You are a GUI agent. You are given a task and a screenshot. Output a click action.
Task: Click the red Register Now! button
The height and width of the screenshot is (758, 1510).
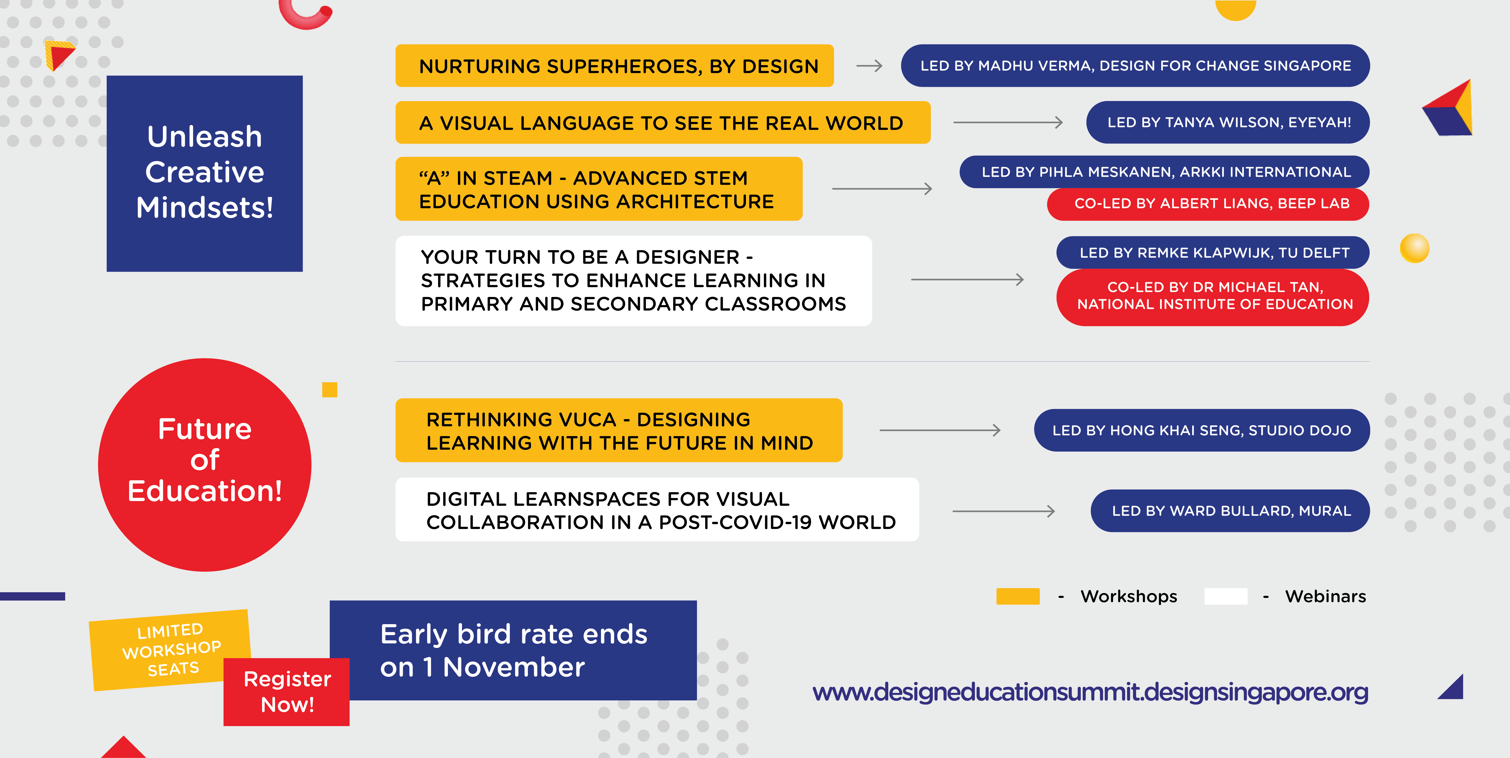(287, 692)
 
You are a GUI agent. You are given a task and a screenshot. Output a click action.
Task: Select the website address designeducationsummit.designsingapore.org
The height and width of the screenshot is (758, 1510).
(1090, 692)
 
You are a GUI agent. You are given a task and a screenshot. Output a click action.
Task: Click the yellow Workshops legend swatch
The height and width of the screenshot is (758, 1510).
(1018, 596)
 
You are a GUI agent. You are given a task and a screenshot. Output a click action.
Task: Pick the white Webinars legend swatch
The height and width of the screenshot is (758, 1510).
(1226, 596)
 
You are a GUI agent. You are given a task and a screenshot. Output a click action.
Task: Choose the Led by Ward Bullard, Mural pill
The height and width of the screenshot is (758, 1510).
(1230, 511)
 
